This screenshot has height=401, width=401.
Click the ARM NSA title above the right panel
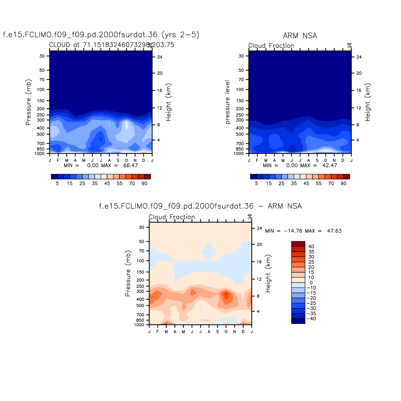point(300,36)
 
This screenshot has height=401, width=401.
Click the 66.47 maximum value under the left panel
point(131,166)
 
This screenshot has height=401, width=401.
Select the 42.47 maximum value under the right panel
point(330,166)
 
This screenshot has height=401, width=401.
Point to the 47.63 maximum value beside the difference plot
point(334,231)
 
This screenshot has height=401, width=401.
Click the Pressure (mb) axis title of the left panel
point(28,102)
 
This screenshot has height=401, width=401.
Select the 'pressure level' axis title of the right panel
point(228,102)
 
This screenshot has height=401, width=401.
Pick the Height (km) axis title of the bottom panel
point(268,273)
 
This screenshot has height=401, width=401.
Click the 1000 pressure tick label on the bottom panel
point(139,325)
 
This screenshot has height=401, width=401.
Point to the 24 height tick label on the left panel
point(160,57)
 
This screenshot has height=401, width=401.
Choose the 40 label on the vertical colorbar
point(311,247)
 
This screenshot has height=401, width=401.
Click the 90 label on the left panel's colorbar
point(144,184)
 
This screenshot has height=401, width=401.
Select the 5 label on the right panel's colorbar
point(257,184)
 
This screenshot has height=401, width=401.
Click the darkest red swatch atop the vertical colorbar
point(298,244)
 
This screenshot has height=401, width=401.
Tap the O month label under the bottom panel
point(226,332)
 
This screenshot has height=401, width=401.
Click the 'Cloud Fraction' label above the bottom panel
point(172,217)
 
